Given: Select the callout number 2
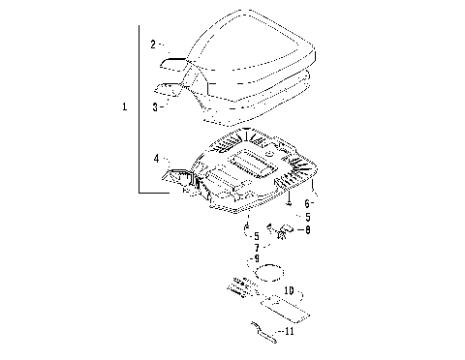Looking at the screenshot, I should [x=152, y=45].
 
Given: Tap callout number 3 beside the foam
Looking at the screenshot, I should [x=154, y=106].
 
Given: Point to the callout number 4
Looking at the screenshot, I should [x=155, y=157].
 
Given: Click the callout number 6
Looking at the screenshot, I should [x=307, y=204].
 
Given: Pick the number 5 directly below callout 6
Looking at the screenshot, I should [x=308, y=218].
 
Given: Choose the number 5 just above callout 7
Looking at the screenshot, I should [x=255, y=235].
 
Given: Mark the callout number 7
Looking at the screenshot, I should [x=255, y=248].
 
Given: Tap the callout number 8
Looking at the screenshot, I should [x=308, y=230].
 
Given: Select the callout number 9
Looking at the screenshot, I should [x=256, y=259].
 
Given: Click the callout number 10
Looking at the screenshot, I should [x=290, y=289].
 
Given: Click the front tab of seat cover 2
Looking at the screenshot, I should [x=174, y=63].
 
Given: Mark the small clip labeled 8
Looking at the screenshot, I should [x=283, y=231].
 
